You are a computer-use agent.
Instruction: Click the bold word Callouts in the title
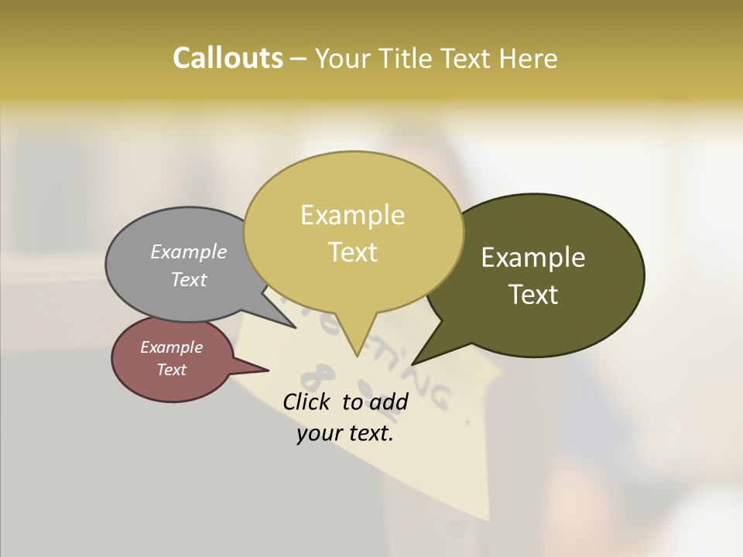click(228, 58)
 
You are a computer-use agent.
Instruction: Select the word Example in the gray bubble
click(189, 251)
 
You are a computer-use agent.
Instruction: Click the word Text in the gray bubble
click(189, 279)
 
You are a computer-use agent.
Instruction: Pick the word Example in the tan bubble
click(352, 215)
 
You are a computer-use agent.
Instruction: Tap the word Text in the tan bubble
click(352, 251)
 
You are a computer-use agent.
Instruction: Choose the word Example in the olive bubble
click(533, 258)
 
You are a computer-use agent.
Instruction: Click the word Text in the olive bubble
click(533, 294)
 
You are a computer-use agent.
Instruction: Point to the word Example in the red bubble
click(171, 347)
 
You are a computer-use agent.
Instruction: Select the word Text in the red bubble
click(171, 370)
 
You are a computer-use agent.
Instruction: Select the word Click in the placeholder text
click(306, 402)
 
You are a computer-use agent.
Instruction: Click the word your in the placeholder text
click(318, 434)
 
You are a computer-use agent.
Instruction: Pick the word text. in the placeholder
click(370, 434)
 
